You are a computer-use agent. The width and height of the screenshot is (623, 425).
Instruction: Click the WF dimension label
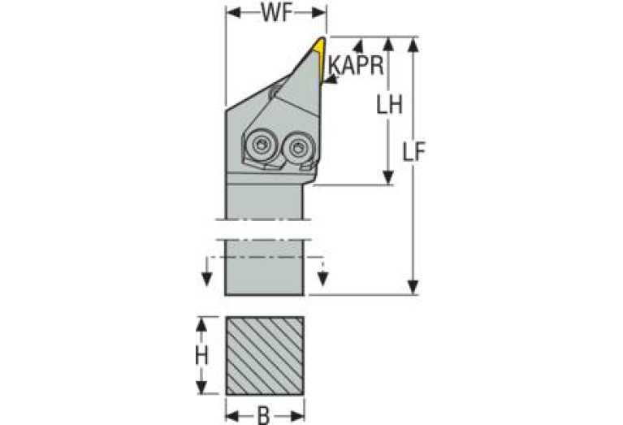point(277,14)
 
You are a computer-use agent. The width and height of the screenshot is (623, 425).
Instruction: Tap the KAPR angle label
point(357,65)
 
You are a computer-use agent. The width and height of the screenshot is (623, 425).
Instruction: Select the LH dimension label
point(389,105)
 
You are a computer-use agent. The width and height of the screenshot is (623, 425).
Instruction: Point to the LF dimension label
point(414,151)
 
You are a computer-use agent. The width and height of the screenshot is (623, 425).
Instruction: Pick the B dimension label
point(264,416)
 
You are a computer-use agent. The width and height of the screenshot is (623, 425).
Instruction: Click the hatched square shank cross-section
point(265,356)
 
